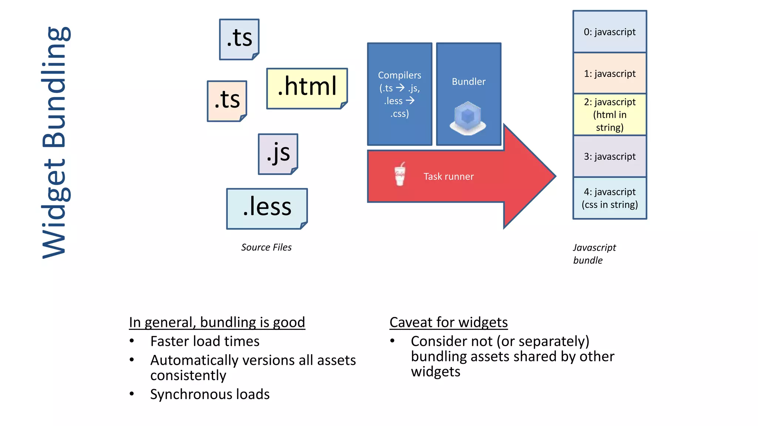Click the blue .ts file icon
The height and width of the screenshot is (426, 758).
(239, 39)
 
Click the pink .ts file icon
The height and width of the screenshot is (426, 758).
(227, 101)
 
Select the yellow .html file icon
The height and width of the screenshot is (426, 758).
(307, 88)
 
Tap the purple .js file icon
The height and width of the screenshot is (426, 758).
(278, 154)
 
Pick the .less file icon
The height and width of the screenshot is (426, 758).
(267, 209)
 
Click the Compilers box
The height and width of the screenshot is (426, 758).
(399, 94)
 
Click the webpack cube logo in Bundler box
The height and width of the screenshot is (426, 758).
(468, 118)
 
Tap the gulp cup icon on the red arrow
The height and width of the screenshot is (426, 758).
(400, 174)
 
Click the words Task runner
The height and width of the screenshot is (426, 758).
(448, 177)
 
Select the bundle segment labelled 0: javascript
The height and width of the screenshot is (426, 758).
(610, 32)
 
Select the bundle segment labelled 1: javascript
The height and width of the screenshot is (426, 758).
(610, 73)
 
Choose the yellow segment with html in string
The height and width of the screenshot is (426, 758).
(610, 115)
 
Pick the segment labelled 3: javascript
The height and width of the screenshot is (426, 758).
(610, 156)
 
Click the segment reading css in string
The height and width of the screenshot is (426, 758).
(610, 198)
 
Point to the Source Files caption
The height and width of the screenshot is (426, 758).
(266, 247)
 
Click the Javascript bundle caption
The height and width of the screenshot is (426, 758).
(594, 254)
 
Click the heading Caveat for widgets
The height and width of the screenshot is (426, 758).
(448, 322)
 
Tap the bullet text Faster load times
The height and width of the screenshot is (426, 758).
(205, 341)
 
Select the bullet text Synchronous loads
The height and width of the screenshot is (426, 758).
(209, 394)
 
